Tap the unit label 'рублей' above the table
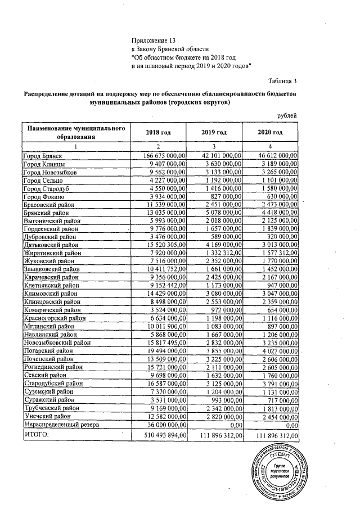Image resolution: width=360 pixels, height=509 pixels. (x=287, y=115)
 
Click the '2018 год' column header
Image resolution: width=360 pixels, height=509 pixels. (x=158, y=132)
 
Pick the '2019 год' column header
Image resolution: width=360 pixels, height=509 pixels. (x=214, y=132)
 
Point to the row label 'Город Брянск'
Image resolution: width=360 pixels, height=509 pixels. (x=42, y=155)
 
